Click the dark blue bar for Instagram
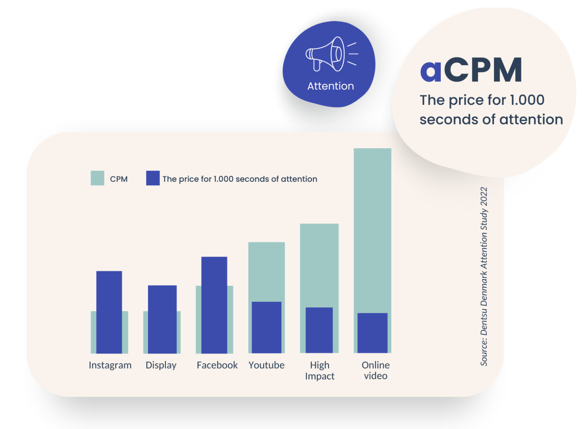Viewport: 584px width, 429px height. tap(109, 312)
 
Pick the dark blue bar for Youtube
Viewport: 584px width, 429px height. tap(267, 327)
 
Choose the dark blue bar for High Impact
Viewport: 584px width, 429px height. tap(319, 330)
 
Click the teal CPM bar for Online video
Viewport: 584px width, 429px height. tap(373, 230)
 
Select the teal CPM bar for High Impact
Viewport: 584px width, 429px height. tap(319, 265)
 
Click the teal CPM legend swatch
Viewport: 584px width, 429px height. tap(97, 178)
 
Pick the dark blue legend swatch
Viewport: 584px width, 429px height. tap(153, 178)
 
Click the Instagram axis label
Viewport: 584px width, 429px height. tap(110, 365)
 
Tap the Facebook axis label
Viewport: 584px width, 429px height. tap(217, 365)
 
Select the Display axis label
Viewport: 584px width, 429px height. tap(161, 365)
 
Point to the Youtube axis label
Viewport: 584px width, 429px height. tap(267, 365)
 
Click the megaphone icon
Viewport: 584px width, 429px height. tap(331, 55)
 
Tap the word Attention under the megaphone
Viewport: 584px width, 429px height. tap(331, 86)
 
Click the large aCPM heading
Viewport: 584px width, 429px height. tap(471, 70)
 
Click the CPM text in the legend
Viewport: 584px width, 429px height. tap(119, 179)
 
